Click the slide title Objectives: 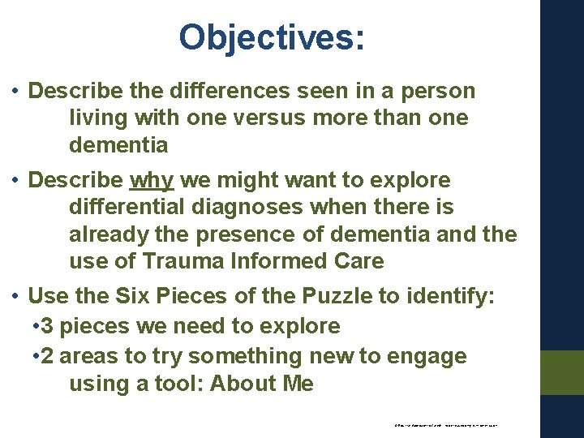(272, 37)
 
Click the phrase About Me (261, 384)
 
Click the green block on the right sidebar (561, 372)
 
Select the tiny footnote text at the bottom (445, 424)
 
